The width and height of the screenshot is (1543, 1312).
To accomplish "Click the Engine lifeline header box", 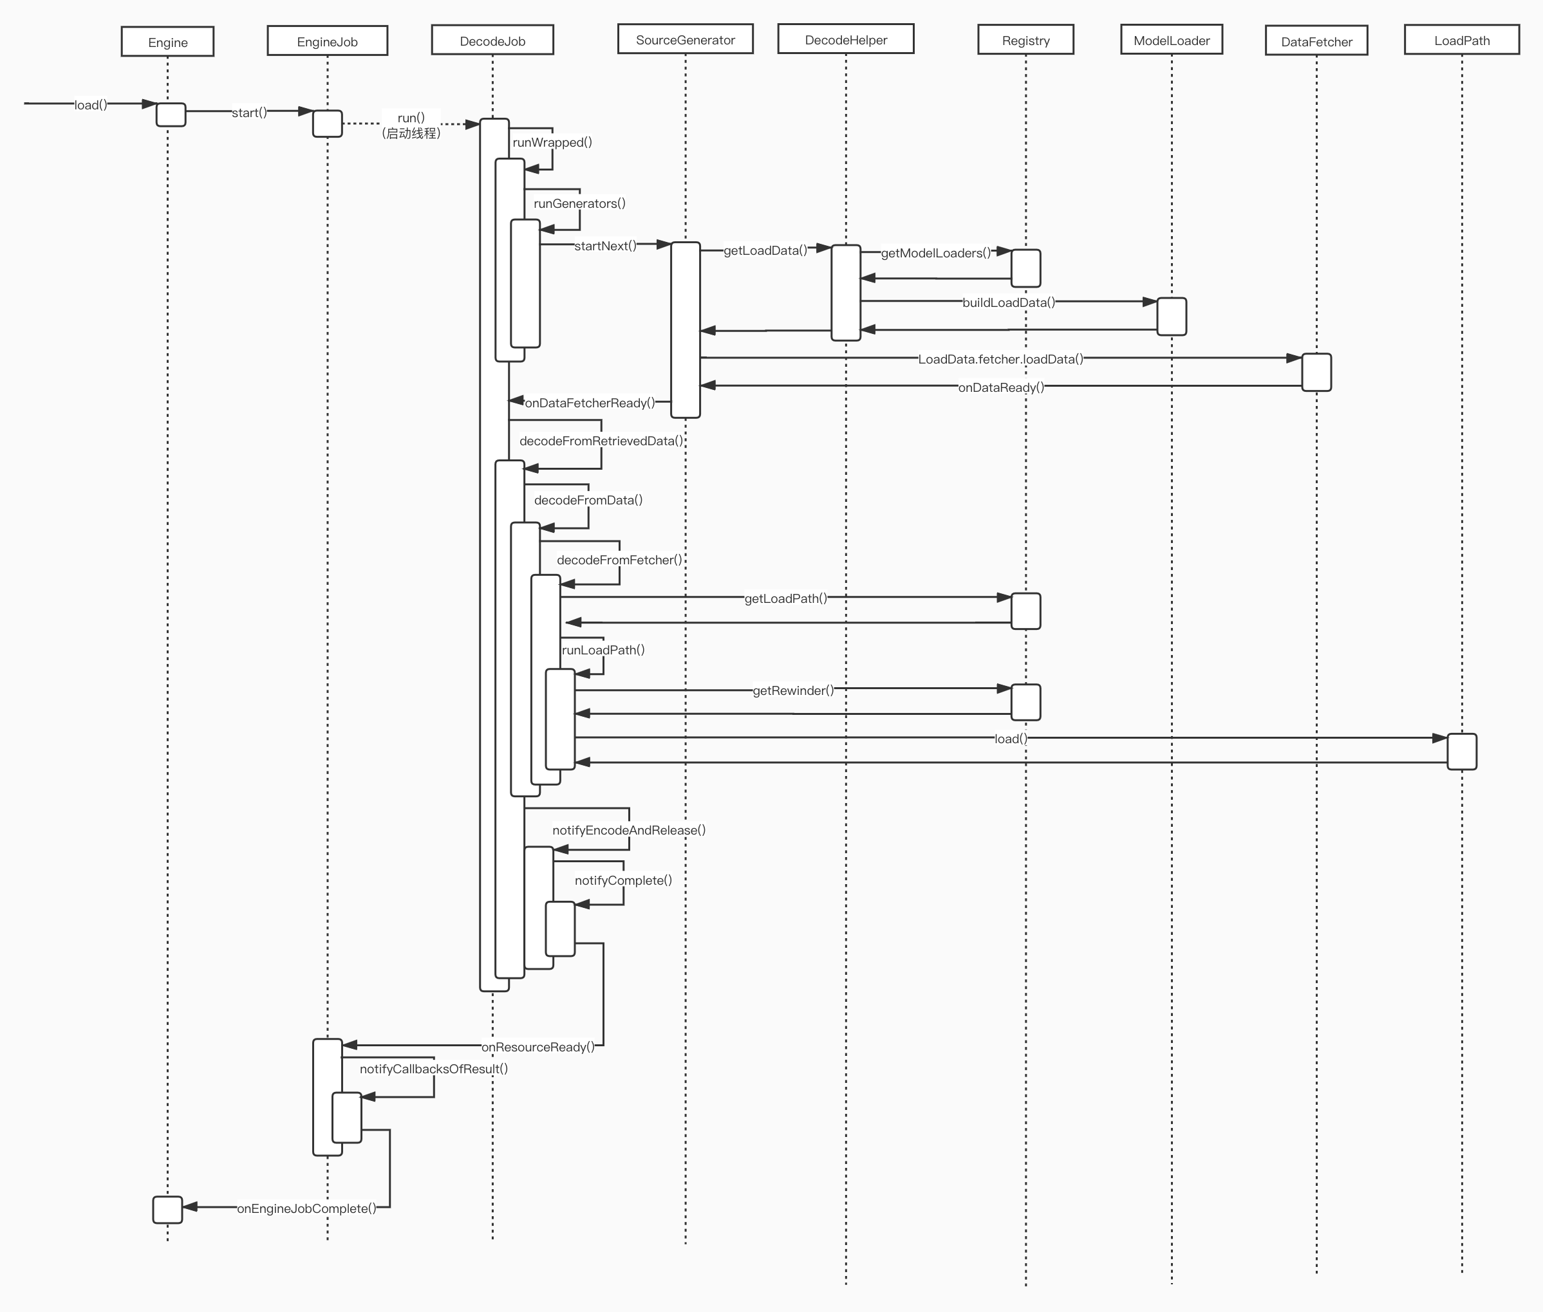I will click(167, 42).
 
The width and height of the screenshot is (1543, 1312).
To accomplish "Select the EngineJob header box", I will click(328, 41).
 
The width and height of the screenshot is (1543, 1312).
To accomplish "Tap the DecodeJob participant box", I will click(492, 40).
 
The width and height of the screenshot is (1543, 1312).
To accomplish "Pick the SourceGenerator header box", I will click(685, 39).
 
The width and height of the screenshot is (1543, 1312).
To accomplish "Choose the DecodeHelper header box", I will click(846, 39).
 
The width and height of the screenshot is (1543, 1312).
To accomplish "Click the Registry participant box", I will click(1025, 40).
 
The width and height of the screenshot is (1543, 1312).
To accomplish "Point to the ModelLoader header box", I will click(1172, 40).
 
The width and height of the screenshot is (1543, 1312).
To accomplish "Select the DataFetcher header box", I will click(1316, 42).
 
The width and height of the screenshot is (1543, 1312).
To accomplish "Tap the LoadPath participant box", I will click(1462, 40).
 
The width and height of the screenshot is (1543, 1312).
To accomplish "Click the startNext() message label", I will click(605, 245).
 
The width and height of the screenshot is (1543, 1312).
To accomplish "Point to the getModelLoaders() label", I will click(935, 253).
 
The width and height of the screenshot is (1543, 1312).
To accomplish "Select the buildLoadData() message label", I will click(1008, 302).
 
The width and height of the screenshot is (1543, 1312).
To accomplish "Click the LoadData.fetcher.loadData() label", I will click(1000, 359).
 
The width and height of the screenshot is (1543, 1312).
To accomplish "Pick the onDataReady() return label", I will click(1000, 387).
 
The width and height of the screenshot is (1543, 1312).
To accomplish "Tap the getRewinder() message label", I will click(793, 690).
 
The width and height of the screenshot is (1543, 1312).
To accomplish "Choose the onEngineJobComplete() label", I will click(306, 1208).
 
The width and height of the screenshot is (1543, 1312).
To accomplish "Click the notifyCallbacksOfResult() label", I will click(434, 1069).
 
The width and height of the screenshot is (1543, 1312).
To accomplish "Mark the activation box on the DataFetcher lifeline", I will click(1316, 372).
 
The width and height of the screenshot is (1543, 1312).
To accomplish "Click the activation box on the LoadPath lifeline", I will click(1462, 751).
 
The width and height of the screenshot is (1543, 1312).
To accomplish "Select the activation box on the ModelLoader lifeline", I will click(1172, 316).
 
